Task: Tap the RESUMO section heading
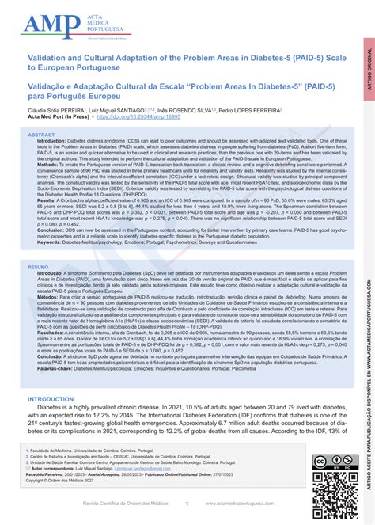tap(39, 268)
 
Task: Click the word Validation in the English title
tap(48, 58)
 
